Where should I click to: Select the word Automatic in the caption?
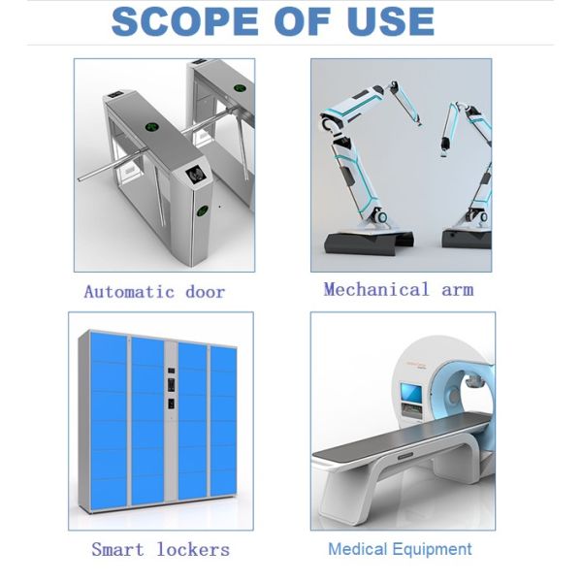click(x=129, y=292)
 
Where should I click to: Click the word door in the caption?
click(x=206, y=292)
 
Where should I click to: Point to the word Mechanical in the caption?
click(x=375, y=289)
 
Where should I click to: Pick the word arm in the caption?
click(x=458, y=290)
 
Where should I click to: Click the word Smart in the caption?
click(x=117, y=549)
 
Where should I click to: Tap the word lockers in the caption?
click(x=193, y=549)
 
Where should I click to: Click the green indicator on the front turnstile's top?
click(x=152, y=128)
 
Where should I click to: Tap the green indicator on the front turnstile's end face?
click(x=203, y=210)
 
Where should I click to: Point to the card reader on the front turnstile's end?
click(x=195, y=175)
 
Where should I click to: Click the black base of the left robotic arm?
click(x=369, y=242)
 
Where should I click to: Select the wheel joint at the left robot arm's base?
click(x=379, y=216)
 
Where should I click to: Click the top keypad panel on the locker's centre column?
click(x=171, y=371)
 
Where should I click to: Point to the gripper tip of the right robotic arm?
click(x=443, y=152)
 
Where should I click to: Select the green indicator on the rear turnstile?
click(x=240, y=88)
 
